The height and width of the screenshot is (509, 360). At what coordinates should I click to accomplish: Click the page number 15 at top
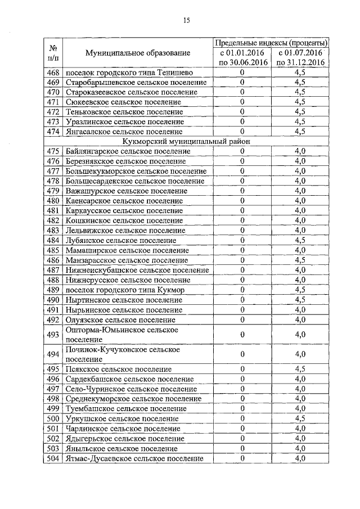pos(187,21)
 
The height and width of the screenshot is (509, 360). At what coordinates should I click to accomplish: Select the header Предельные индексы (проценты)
pos(271,43)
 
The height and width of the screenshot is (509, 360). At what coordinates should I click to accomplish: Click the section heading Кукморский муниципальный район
pos(187,142)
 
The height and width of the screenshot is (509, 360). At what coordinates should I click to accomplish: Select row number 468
pos(53,72)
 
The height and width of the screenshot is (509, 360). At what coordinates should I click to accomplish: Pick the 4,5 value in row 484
pos(300,240)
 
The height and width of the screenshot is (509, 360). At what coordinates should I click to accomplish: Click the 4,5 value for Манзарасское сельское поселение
pos(300,260)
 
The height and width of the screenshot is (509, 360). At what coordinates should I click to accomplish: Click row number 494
pos(53,354)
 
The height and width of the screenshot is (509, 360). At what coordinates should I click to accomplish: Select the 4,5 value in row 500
pos(300,418)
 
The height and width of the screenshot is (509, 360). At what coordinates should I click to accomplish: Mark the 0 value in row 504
pos(242,458)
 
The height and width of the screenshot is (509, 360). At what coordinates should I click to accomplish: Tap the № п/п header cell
pos(53,53)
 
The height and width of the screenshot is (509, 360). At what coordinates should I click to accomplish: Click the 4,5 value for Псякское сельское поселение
pos(300,369)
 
